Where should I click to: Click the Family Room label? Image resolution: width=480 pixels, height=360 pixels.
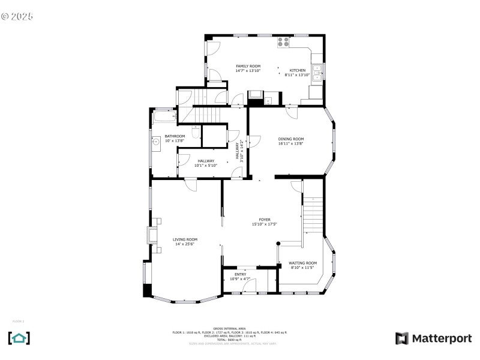[x=248, y=66]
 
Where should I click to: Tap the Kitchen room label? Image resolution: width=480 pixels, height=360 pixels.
[x=298, y=70]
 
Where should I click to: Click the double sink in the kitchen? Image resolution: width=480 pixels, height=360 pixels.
[x=318, y=71]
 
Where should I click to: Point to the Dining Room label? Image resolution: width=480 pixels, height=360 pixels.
[x=290, y=139]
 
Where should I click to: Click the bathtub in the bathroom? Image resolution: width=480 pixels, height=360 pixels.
[x=163, y=116]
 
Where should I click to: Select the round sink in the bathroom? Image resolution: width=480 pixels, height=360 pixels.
[x=155, y=142]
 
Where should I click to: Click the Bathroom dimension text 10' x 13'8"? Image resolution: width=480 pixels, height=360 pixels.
[x=175, y=140]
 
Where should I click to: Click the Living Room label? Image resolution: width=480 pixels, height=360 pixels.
[x=185, y=239]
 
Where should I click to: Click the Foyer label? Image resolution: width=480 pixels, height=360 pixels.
[x=265, y=220]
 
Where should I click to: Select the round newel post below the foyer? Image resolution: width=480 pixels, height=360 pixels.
[x=278, y=243]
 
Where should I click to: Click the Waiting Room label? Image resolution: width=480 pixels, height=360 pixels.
[x=302, y=263]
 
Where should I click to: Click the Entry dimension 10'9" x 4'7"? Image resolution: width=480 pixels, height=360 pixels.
[x=240, y=279]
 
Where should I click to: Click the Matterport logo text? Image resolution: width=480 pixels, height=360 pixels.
[x=441, y=338]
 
